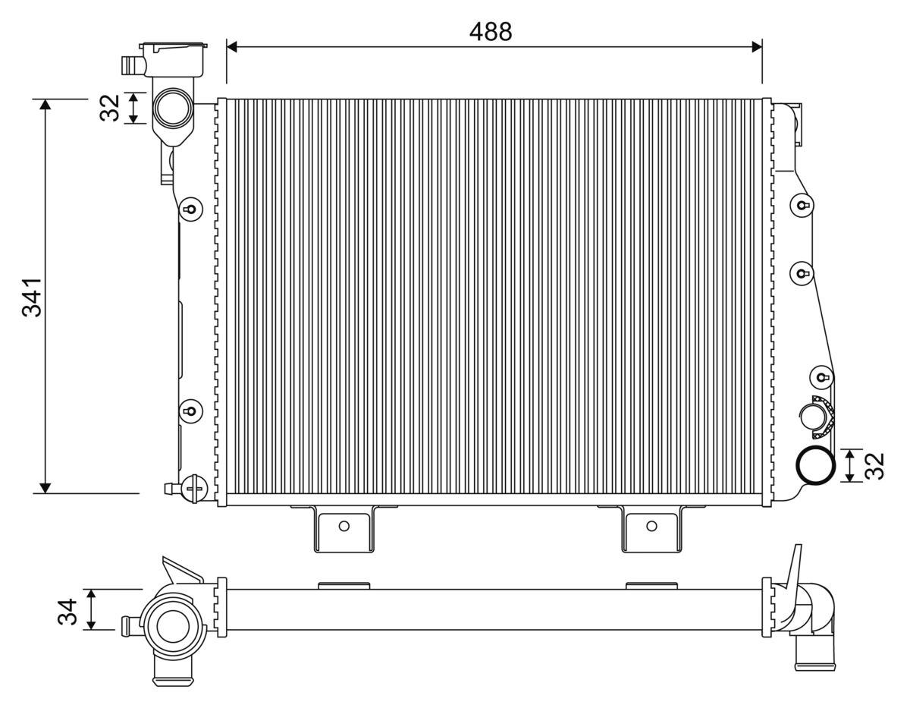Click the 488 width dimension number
tap(491, 31)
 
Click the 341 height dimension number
tap(33, 296)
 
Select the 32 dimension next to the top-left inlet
tap(111, 108)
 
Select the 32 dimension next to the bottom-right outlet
tap(874, 465)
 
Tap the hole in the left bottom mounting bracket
tap(344, 526)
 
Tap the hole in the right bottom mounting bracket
tap(651, 526)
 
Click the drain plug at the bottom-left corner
tap(192, 486)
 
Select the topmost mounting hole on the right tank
tap(802, 205)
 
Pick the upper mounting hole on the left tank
tap(190, 209)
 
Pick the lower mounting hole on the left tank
tap(190, 411)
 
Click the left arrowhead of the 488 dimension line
tap(233, 47)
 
